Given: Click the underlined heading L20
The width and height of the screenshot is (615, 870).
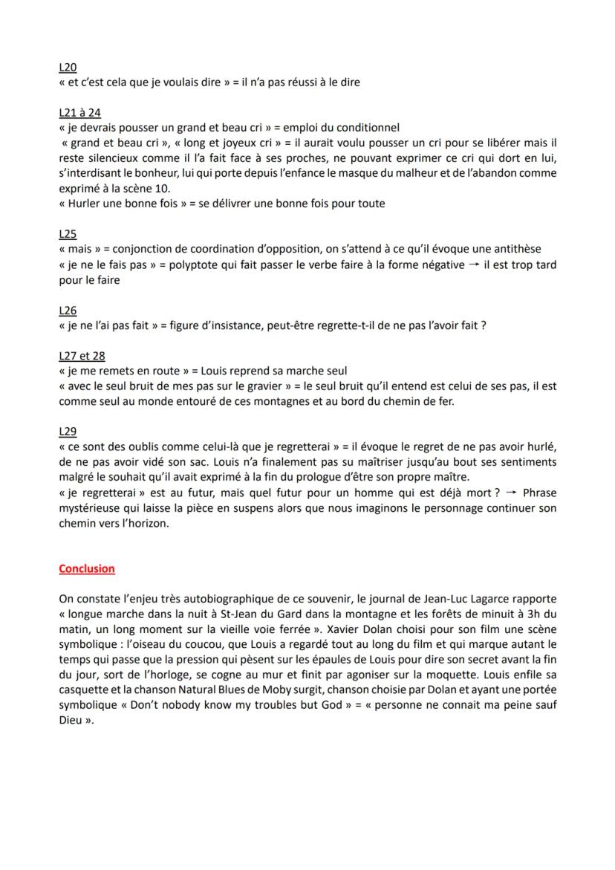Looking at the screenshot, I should click(68, 68).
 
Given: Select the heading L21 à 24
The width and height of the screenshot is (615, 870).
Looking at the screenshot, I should click(79, 113).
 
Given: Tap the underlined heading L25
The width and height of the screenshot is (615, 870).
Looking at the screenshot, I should click(68, 233).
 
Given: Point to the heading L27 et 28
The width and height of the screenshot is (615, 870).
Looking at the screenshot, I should click(82, 356).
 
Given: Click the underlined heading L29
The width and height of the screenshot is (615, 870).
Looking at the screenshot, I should click(68, 432).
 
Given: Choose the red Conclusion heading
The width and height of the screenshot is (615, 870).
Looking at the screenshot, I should click(87, 569).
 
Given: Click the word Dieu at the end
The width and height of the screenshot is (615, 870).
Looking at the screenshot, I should click(72, 719).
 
